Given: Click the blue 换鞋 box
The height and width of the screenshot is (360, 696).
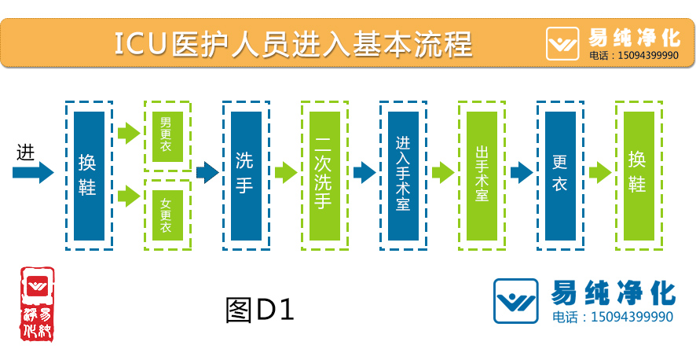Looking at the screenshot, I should coord(89,175).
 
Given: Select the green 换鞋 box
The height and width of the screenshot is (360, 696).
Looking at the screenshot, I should coord(638,175).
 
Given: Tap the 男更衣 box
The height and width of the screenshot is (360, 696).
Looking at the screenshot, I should coord(167,135).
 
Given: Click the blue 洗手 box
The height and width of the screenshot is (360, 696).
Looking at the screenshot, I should coord(246,175).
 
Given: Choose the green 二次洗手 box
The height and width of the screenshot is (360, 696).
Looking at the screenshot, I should coord(324,175).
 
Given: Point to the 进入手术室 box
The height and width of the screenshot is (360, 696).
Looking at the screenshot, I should coord(403,175).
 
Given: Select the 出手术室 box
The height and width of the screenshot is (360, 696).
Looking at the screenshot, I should coord(482,175).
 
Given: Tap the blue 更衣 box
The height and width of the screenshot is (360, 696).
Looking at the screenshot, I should coord(560,175).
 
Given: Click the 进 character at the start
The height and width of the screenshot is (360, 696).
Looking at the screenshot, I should coord(25,151).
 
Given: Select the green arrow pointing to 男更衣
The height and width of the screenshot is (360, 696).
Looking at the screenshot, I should coord(129,133).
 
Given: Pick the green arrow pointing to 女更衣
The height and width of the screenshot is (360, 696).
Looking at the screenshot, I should coord(129,196).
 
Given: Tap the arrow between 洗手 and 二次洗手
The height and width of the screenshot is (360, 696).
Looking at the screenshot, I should coord(286,172).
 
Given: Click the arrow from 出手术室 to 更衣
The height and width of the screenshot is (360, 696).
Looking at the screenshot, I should coord(522,172).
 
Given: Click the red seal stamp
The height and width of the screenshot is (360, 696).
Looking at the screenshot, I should coord(37,303).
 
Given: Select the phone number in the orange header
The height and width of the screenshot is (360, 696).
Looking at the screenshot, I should coord(633,56).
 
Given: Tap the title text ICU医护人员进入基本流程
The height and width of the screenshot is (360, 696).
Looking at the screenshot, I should coord(293,43).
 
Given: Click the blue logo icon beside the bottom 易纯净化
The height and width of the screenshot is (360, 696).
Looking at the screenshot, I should coord(515,301).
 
